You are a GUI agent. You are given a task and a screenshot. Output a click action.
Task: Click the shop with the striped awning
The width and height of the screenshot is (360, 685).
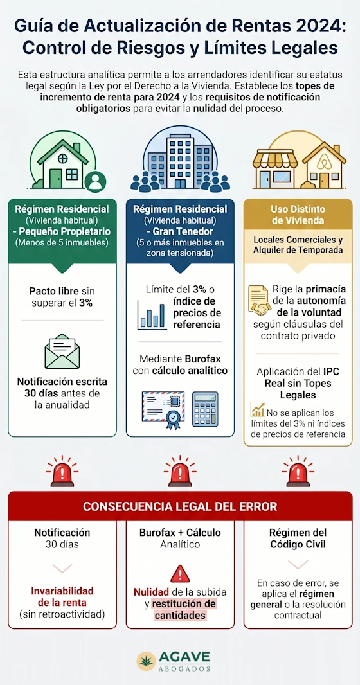[274, 168]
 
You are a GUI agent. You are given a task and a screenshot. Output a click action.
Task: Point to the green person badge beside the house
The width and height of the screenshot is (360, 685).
[94, 181]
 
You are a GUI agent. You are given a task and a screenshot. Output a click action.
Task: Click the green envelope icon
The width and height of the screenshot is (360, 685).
[62, 351]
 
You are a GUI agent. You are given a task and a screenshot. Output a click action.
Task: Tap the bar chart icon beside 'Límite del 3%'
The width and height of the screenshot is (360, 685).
[152, 313]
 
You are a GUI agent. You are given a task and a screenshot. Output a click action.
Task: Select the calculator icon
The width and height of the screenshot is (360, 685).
[205, 409]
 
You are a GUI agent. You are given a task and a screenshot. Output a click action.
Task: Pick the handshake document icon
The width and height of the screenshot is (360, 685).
[260, 300]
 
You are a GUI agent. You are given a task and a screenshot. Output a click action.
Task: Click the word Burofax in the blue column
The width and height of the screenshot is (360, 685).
[203, 359]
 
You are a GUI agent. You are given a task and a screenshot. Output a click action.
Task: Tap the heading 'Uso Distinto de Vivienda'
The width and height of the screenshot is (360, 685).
[298, 215]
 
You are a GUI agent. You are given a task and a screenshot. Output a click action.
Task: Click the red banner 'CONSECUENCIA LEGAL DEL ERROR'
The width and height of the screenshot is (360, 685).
[180, 506]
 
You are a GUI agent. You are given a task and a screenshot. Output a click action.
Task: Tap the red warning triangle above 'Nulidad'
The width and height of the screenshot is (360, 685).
[180, 574]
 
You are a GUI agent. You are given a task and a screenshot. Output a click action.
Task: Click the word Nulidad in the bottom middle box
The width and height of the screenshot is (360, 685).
[151, 592]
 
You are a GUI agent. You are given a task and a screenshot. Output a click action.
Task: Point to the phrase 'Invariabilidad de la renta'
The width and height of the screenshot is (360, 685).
[62, 597]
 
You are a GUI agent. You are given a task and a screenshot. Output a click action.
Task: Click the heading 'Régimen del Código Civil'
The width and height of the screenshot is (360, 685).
[298, 538]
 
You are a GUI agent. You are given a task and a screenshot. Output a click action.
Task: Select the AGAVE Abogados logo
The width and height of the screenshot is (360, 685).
[174, 661]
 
